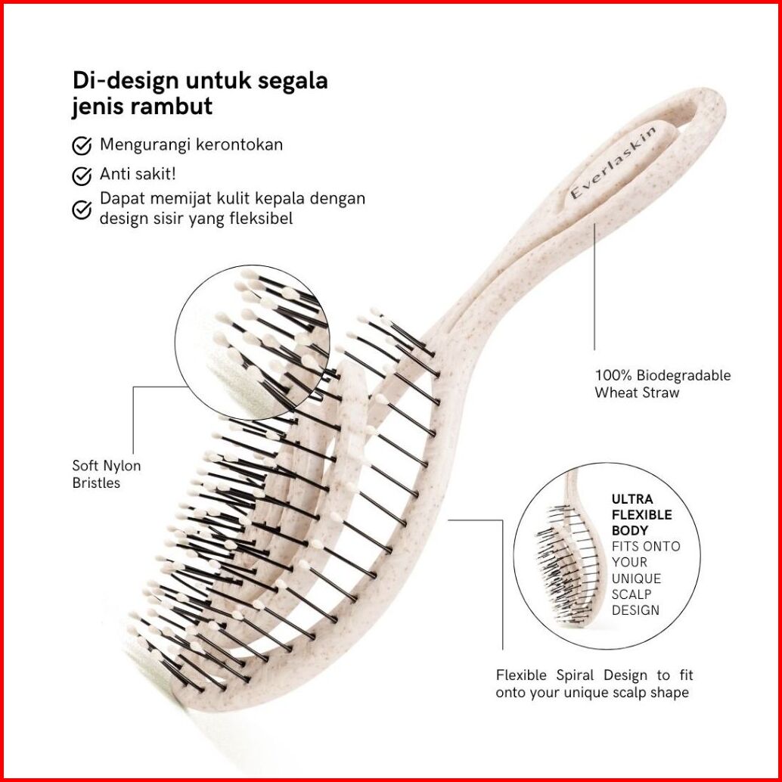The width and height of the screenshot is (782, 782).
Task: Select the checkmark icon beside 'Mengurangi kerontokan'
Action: click(82, 146)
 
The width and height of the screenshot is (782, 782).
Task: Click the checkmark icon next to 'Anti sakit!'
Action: click(82, 175)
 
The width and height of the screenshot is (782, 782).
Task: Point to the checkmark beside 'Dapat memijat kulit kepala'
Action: click(82, 209)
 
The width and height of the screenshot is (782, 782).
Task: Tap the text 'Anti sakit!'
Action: click(138, 174)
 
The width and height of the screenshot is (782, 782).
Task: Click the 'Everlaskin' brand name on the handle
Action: click(613, 162)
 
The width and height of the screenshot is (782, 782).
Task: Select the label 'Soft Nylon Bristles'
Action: click(106, 474)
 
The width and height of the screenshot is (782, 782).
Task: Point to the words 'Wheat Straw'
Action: click(637, 393)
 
